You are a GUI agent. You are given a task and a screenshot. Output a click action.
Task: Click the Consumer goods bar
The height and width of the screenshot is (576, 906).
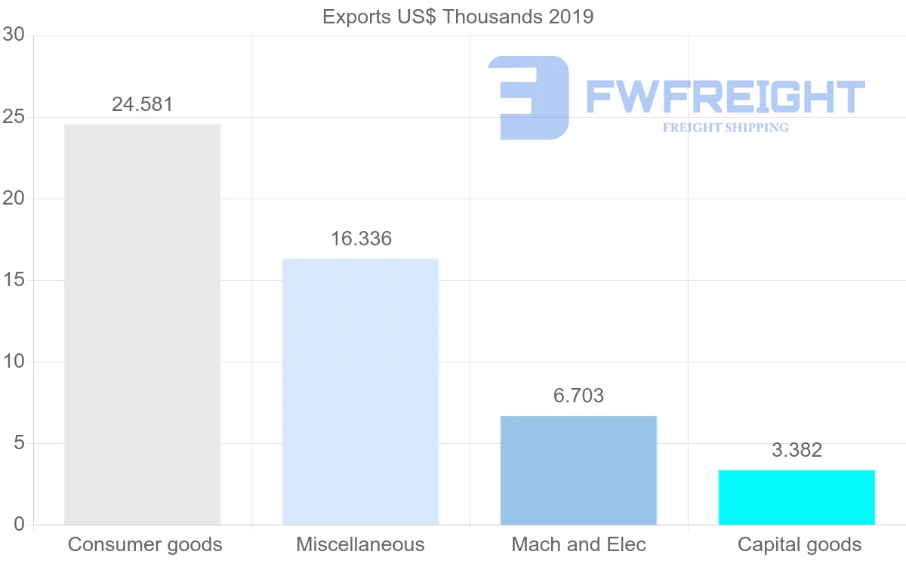[x=142, y=325]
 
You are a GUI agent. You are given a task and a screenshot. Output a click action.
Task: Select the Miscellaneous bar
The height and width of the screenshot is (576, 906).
[x=360, y=392]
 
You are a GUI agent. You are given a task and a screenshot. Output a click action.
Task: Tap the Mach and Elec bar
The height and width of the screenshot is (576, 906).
[x=578, y=470]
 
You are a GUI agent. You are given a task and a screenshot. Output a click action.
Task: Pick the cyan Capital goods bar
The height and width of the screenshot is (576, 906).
[x=797, y=497]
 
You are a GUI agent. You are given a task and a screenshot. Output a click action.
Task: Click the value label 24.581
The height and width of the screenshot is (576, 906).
[x=143, y=104]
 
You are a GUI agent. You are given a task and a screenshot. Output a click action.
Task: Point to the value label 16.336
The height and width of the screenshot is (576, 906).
[x=361, y=239]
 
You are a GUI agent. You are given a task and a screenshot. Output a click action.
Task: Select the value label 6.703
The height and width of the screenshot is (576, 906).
[x=579, y=396]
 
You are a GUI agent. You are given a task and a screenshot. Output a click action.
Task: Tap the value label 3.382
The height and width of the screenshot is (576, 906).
[x=797, y=451]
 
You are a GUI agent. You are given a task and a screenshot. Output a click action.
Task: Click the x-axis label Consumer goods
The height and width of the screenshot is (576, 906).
[x=145, y=544]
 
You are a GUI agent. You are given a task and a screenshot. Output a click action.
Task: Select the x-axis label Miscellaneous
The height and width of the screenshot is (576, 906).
[x=360, y=544]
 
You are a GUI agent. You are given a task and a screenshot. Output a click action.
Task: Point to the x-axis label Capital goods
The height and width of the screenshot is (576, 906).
[x=800, y=544]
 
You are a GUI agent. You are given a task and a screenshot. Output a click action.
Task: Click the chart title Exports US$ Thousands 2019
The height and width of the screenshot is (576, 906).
[x=458, y=17]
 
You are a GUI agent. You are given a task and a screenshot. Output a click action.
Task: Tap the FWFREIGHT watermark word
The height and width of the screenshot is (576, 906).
[x=725, y=97]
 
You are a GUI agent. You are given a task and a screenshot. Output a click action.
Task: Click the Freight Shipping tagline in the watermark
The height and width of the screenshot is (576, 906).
[x=726, y=128]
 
